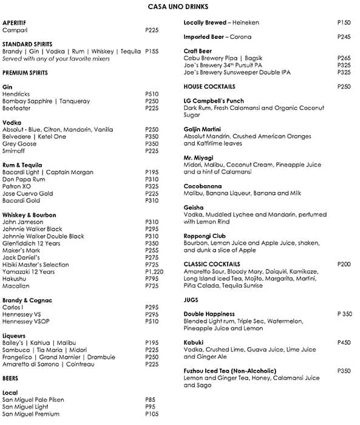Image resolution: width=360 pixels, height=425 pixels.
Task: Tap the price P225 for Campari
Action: coord(152,29)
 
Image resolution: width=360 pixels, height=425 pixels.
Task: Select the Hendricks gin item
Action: coord(16,94)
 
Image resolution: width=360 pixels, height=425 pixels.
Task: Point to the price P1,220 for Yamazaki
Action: coord(154,271)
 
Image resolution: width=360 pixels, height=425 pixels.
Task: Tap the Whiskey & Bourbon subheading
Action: coord(29,215)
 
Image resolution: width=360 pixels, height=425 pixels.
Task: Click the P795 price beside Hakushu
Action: coord(152,279)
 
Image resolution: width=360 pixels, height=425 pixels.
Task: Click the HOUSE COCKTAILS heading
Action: coord(209,87)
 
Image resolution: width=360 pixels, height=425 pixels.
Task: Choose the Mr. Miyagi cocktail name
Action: coord(199,158)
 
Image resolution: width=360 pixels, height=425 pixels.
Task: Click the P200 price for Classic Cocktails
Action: coord(344,264)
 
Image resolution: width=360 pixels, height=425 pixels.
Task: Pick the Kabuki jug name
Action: coord(195,342)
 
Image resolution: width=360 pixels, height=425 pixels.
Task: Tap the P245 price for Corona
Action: coord(344,36)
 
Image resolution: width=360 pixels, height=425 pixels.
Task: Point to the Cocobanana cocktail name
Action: coord(203,186)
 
